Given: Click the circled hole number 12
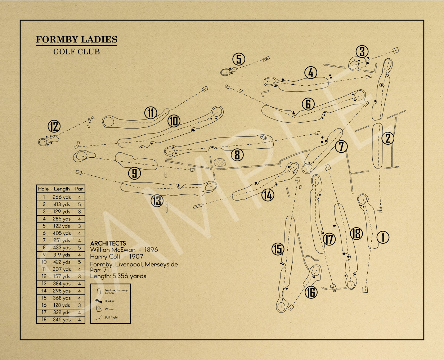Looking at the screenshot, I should (x=54, y=126).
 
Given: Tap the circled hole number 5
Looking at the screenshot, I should (x=239, y=59).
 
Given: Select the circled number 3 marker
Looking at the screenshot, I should (x=362, y=51).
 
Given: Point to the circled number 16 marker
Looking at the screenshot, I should (x=311, y=292).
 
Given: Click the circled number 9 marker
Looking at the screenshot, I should (x=134, y=174).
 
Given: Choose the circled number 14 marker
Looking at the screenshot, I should (x=268, y=195).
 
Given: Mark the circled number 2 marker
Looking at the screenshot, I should (x=388, y=138).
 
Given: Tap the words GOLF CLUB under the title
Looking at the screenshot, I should (x=76, y=52).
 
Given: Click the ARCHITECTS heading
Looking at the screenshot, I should (x=108, y=243).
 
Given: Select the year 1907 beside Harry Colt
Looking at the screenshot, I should (x=136, y=257).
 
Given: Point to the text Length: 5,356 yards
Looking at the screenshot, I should (x=118, y=276).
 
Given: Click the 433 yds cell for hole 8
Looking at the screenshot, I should (x=62, y=248).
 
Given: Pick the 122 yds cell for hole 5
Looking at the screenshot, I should (x=62, y=226).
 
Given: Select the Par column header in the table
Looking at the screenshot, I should (x=79, y=189).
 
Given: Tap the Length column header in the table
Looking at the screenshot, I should (x=62, y=189).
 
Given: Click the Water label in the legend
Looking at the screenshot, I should (x=109, y=309).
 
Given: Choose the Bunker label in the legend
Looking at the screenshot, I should (x=109, y=301).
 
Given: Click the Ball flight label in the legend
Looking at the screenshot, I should (x=111, y=318).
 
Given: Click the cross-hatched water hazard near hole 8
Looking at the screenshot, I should (x=219, y=162).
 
